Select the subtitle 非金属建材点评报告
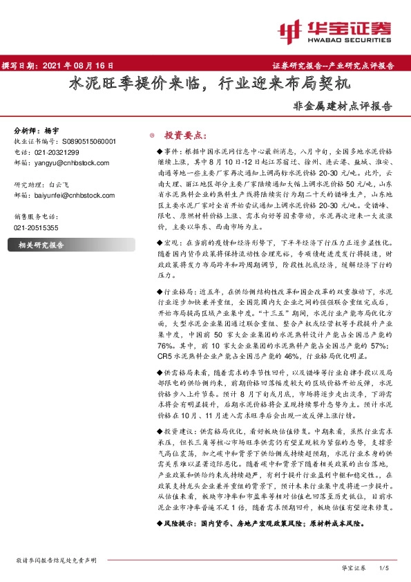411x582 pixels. point(343,107)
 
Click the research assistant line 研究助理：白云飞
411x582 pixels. point(43,185)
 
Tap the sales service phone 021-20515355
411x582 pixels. point(37,227)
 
